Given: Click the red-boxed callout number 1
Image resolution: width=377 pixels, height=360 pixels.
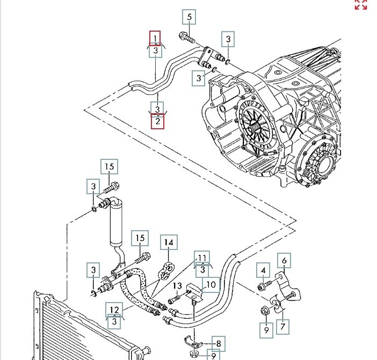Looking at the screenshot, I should pyautogui.click(x=155, y=38).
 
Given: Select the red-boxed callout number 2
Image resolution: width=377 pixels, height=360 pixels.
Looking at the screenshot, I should pyautogui.click(x=157, y=122).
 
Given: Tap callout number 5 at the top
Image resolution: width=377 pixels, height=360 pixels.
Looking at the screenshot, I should pyautogui.click(x=189, y=17).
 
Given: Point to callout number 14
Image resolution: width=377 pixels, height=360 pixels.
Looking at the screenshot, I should pyautogui.click(x=169, y=243).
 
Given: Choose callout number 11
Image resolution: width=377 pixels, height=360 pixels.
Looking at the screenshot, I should pyautogui.click(x=202, y=258).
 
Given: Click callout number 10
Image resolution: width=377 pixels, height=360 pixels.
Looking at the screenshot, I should pyautogui.click(x=211, y=284).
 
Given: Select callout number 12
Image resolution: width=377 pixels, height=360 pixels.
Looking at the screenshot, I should pyautogui.click(x=114, y=309).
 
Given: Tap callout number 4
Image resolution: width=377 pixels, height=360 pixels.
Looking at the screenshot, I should pyautogui.click(x=263, y=269).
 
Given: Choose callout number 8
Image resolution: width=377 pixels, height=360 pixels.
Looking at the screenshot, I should pyautogui.click(x=219, y=343).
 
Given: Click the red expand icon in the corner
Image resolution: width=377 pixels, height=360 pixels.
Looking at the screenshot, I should pyautogui.click(x=360, y=4).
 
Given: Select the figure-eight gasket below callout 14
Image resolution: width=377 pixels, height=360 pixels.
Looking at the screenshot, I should pyautogui.click(x=166, y=270).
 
